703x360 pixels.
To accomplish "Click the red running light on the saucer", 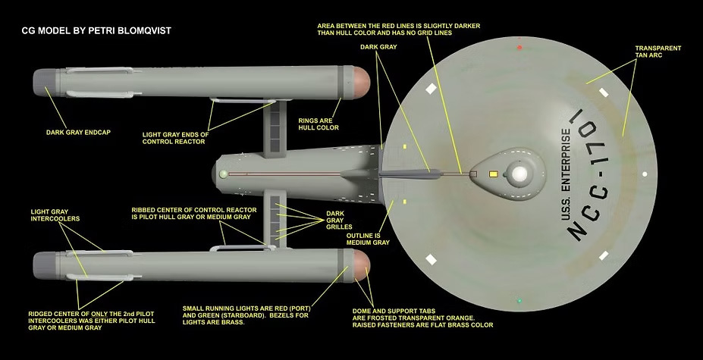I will (x=519, y=48).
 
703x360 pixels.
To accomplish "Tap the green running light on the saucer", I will (x=519, y=301).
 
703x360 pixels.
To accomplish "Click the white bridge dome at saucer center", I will (x=519, y=174).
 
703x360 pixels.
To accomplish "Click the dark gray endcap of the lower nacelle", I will (x=43, y=267).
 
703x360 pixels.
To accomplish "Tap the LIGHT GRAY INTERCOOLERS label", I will (x=55, y=216).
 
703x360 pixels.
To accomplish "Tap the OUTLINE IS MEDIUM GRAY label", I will (x=368, y=239).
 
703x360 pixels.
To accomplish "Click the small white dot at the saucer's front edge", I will (x=644, y=174).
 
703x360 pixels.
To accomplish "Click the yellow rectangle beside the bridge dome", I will (x=494, y=174).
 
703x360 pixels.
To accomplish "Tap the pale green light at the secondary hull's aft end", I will (x=223, y=174).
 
